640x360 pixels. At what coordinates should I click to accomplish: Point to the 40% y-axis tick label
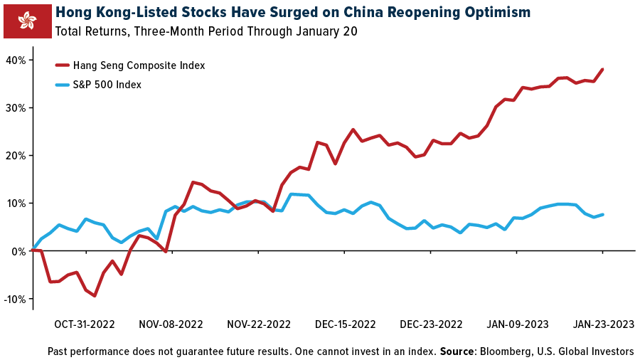16,60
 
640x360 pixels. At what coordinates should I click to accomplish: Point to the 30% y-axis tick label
16,107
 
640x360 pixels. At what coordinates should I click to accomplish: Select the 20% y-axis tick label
16,155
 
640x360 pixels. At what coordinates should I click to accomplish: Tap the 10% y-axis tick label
16,203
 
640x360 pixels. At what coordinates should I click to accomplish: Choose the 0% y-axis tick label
18,251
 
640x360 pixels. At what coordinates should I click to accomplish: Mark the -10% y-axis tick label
14,299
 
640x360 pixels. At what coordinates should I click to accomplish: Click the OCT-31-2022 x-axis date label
84,324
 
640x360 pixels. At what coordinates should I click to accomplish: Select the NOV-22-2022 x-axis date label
259,324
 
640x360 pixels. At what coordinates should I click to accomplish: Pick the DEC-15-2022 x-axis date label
345,324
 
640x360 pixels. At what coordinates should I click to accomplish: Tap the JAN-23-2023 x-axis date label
604,324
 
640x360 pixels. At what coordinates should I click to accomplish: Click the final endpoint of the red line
603,69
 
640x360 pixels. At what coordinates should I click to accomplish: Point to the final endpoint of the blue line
603,214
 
